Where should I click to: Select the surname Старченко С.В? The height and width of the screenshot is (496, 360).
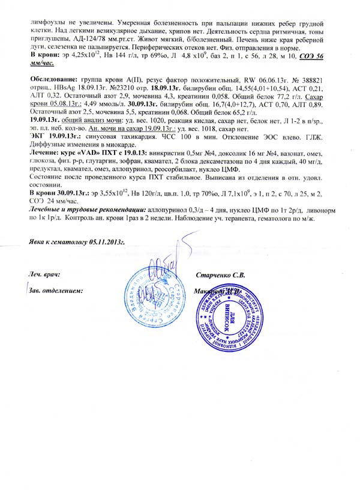(221, 275)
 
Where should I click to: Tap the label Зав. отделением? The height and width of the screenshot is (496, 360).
(56, 291)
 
